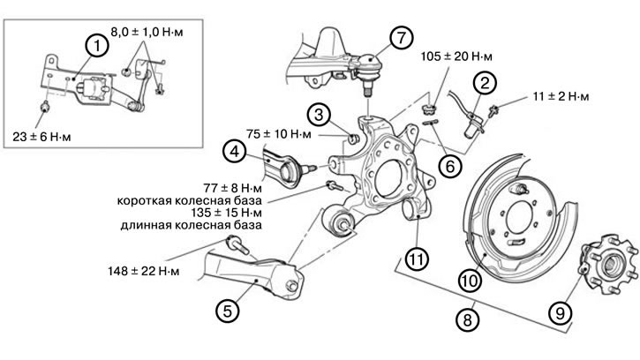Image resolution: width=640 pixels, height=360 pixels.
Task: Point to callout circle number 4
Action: (x=234, y=151)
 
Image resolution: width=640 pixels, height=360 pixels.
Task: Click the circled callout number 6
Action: (x=449, y=163)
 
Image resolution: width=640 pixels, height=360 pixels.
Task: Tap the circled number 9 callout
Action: (x=558, y=310)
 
